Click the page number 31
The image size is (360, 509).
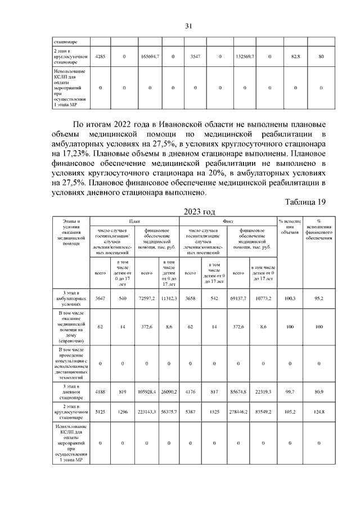(x=189, y=26)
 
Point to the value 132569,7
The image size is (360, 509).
(x=245, y=57)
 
